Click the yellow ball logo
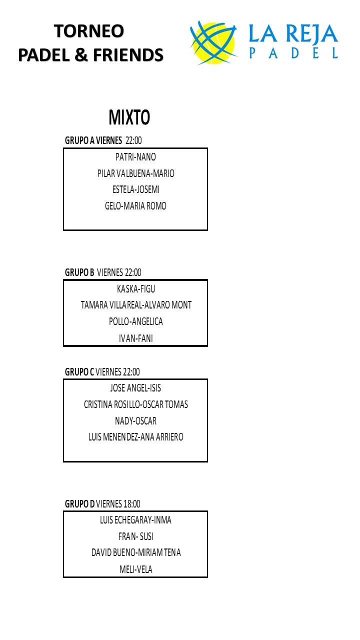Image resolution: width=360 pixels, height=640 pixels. click(x=213, y=42)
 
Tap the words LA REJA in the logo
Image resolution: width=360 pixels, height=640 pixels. click(x=293, y=34)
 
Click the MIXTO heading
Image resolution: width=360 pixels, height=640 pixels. click(x=129, y=118)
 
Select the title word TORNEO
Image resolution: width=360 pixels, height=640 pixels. click(x=89, y=31)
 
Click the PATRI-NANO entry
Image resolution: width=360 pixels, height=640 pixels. click(x=135, y=157)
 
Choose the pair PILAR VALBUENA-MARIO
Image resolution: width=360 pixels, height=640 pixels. click(x=135, y=173)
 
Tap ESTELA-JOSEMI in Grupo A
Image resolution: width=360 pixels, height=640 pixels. click(x=135, y=189)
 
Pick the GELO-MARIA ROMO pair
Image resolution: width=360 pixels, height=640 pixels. click(x=135, y=206)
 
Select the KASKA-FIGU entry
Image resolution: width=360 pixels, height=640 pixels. click(x=135, y=289)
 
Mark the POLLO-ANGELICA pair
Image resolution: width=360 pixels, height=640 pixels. click(x=135, y=321)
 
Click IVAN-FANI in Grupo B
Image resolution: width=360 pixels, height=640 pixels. click(x=135, y=338)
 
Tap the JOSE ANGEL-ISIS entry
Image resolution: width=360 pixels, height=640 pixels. click(x=135, y=388)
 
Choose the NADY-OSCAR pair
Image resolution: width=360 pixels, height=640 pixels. click(x=135, y=421)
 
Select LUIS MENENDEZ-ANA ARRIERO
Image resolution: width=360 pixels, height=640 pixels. click(x=135, y=437)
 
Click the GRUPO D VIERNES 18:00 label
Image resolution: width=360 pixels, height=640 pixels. click(x=102, y=504)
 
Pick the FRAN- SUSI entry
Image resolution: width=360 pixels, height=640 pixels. click(x=135, y=536)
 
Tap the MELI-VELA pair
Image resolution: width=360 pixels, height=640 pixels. click(x=135, y=569)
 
